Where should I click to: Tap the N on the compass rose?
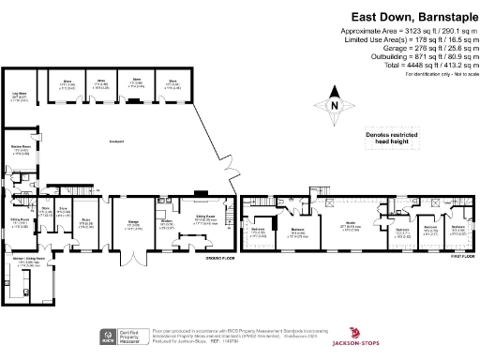336,104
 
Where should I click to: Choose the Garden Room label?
17,151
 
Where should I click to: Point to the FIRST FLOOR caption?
456,258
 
